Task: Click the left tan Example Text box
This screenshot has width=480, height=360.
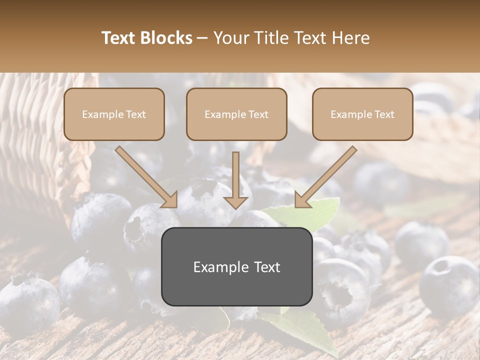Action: tap(114, 114)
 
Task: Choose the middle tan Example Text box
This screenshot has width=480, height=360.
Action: tap(236, 114)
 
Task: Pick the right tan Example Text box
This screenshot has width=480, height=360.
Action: tap(362, 114)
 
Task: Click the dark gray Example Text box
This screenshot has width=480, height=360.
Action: tap(236, 266)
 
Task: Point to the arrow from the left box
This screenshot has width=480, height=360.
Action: tap(145, 176)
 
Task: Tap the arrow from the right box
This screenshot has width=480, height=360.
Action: tap(327, 176)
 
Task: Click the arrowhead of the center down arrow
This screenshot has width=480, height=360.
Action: tap(236, 201)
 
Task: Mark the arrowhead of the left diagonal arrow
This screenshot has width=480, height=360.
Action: tap(169, 199)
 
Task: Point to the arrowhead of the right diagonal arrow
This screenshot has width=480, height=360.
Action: tap(303, 199)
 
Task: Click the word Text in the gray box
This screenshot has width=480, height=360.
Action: tap(265, 267)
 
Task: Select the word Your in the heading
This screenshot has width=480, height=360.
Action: tap(230, 38)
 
